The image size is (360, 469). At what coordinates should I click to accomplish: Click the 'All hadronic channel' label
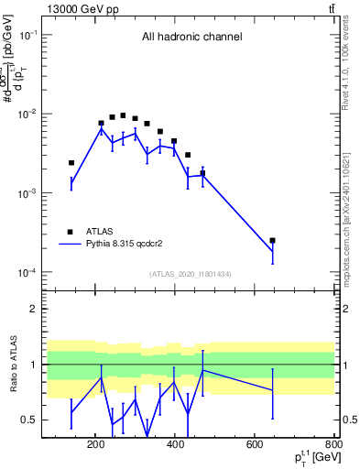[191, 38]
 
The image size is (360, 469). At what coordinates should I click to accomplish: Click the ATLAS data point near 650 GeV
[272, 240]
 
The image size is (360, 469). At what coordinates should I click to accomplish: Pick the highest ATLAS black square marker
[123, 115]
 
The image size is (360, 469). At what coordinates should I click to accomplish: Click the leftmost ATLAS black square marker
[71, 163]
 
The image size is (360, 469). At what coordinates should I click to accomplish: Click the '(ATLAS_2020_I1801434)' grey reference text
[191, 274]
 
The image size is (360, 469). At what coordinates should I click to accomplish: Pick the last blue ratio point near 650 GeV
[272, 390]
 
